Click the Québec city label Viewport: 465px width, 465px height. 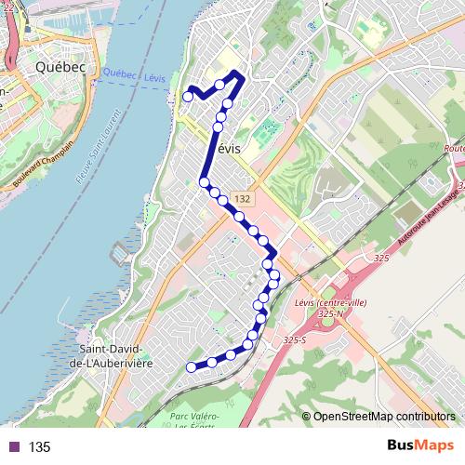pos(60,67)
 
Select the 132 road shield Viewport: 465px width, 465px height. pos(242,199)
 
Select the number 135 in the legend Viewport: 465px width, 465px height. pos(39,447)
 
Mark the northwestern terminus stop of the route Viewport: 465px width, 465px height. pos(188,96)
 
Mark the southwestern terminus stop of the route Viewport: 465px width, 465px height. pos(192,367)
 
